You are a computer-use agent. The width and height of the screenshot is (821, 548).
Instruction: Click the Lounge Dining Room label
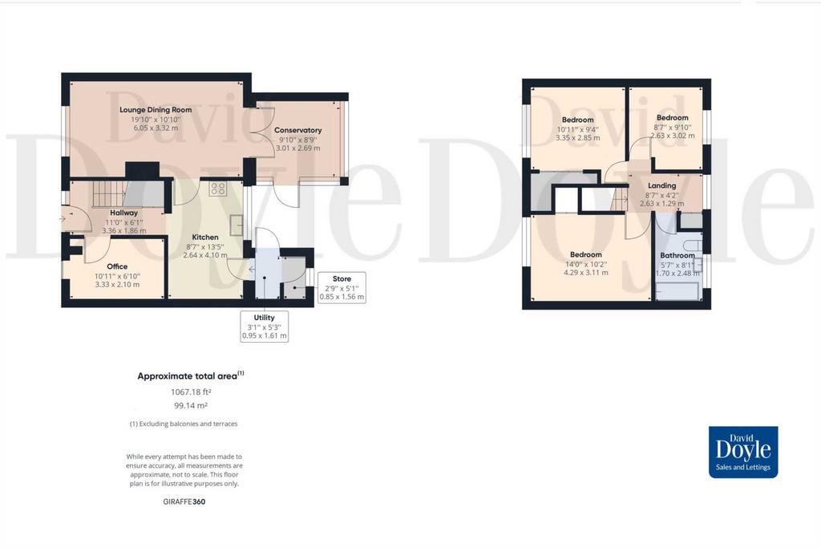(156, 110)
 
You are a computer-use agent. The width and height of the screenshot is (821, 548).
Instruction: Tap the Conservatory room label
(298, 130)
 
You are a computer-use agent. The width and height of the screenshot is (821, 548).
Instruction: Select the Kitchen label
(205, 237)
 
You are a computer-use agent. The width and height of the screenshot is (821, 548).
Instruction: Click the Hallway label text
(124, 213)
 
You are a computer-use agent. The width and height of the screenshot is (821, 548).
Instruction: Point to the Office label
(117, 266)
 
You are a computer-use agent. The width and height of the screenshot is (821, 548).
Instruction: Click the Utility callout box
(264, 327)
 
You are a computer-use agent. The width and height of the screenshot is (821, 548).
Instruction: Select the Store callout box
(342, 287)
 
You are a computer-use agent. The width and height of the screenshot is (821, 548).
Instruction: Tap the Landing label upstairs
(661, 185)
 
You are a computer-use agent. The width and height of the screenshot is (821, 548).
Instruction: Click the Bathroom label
(677, 256)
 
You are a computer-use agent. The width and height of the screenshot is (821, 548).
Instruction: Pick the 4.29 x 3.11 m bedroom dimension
(586, 273)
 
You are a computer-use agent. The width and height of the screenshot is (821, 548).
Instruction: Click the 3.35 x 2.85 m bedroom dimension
(578, 138)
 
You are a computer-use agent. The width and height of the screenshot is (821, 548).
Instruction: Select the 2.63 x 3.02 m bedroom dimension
(673, 135)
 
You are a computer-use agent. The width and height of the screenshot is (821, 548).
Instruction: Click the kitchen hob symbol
(217, 189)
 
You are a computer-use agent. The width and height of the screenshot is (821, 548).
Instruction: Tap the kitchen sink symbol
(237, 225)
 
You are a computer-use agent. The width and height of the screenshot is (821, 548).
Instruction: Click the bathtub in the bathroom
(677, 290)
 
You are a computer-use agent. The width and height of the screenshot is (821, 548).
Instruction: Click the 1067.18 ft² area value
(191, 392)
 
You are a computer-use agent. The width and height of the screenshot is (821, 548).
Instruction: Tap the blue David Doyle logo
(743, 453)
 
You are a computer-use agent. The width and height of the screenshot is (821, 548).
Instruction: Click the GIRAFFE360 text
(184, 501)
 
